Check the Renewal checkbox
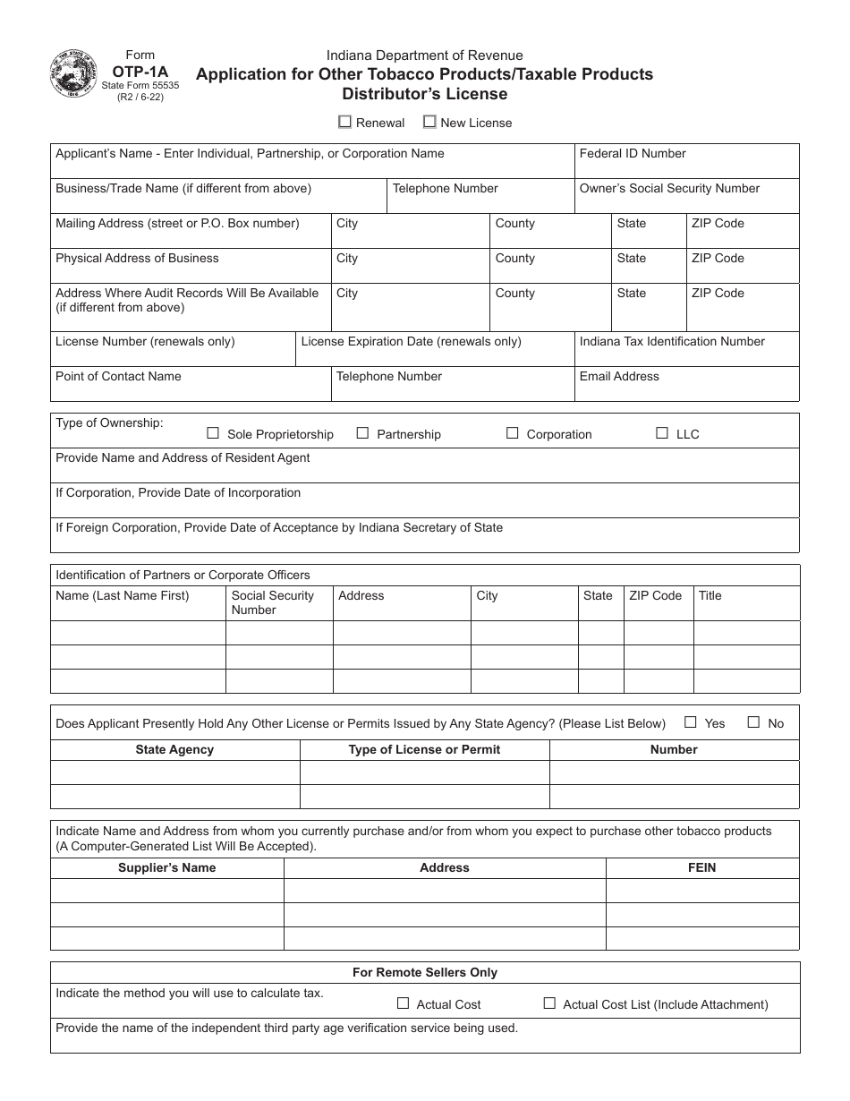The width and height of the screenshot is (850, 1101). [x=345, y=122]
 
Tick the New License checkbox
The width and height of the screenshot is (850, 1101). [x=429, y=122]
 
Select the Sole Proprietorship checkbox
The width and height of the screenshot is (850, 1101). [x=213, y=433]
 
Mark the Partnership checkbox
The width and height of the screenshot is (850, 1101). [x=362, y=433]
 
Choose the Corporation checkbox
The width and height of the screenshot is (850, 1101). [x=513, y=433]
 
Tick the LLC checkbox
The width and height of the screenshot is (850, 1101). [x=662, y=433]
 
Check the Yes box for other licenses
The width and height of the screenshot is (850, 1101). [x=691, y=722]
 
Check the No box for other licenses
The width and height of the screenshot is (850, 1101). [x=753, y=722]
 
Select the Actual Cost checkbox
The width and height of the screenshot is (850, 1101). [x=403, y=1003]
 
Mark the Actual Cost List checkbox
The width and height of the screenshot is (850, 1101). [x=549, y=1003]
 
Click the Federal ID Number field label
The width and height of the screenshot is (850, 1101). [x=633, y=154]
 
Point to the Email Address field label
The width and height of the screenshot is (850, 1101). [x=619, y=377]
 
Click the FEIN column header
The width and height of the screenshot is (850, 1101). [x=701, y=867]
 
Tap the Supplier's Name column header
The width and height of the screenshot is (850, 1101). [x=167, y=867]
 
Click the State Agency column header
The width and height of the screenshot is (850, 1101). [x=174, y=749]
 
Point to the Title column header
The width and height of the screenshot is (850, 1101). [x=710, y=596]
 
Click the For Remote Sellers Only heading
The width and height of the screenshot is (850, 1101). [x=425, y=972]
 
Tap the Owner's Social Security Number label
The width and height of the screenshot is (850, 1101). [x=669, y=189]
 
